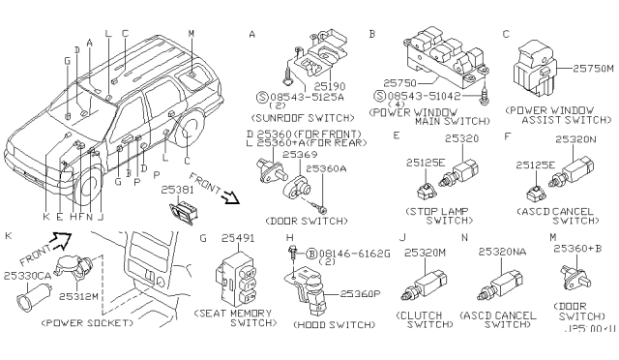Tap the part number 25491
(x=237, y=237)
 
